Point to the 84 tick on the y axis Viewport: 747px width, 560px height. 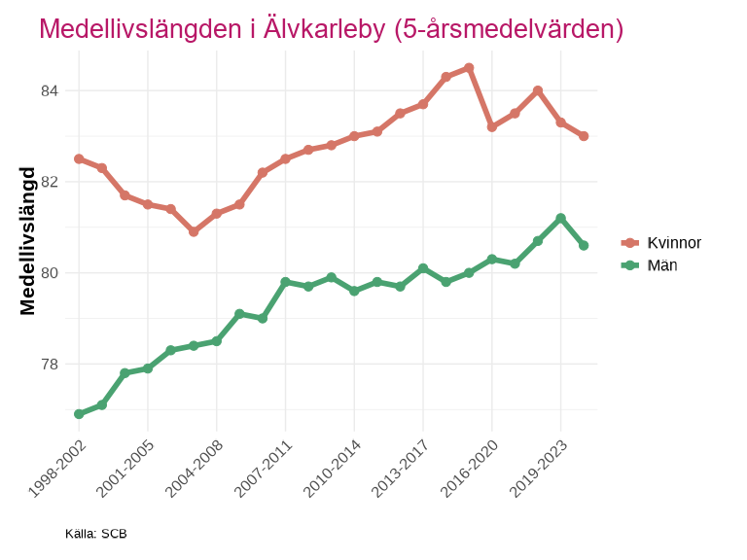pos(49,91)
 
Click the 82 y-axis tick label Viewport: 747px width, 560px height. pos(49,182)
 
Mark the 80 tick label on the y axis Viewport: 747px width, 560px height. pos(49,273)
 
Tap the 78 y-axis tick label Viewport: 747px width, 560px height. pos(49,364)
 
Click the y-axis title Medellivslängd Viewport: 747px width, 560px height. pos(28,241)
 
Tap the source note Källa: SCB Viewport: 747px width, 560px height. pos(96,534)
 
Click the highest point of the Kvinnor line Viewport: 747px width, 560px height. pos(469,68)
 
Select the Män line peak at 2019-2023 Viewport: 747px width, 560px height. pos(561,218)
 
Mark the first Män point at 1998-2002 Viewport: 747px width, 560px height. pos(79,414)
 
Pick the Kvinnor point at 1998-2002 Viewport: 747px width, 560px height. pos(79,158)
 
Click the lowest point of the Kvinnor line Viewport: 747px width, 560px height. pos(194,231)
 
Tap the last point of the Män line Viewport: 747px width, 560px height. pos(584,245)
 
